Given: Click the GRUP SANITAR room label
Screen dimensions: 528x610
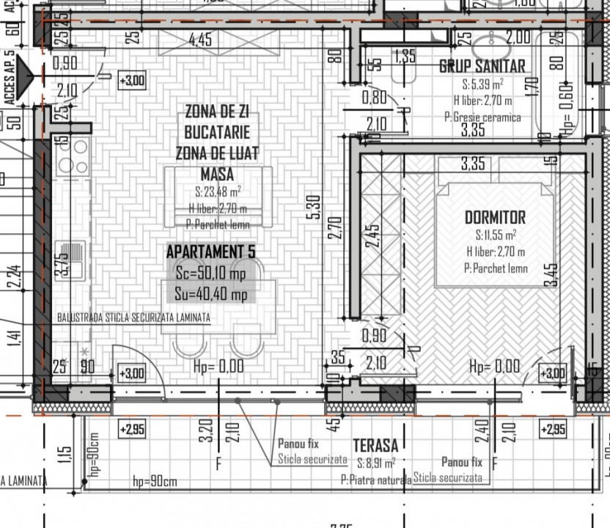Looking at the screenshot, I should (x=482, y=66).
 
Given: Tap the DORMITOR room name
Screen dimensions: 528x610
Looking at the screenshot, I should (x=495, y=218).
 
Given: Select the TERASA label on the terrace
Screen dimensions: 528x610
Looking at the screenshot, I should (x=375, y=445).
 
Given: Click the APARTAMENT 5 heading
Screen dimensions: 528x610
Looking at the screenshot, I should (x=211, y=252).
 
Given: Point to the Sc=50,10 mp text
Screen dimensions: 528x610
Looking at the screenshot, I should (x=211, y=274).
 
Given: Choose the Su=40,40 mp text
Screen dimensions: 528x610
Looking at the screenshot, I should (x=211, y=295).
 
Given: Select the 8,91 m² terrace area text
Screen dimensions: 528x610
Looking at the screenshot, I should (x=376, y=463).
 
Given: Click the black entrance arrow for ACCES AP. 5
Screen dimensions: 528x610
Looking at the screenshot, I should (x=28, y=76).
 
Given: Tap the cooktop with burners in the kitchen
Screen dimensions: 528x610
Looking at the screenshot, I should (x=72, y=156).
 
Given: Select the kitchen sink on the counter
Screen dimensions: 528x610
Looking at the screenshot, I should (x=72, y=259).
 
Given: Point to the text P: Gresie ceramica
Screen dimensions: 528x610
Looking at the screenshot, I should (x=482, y=117).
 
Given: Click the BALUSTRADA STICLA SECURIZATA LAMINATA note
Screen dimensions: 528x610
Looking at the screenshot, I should (x=133, y=318).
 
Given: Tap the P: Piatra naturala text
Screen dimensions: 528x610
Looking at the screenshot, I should (x=376, y=480).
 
